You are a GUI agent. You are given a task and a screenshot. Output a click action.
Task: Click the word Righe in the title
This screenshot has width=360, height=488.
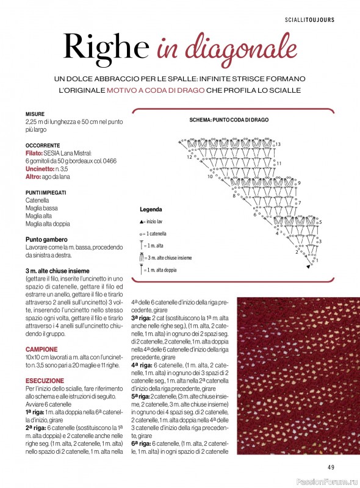(106, 47)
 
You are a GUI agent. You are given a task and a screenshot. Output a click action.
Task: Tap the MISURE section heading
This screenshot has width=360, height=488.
(35, 114)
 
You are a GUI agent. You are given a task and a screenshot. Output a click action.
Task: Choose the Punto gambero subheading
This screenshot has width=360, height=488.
(46, 240)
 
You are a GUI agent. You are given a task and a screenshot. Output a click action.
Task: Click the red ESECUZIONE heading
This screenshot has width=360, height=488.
(44, 380)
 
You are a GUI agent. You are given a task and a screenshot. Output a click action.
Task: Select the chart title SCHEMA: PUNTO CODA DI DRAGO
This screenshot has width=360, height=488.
(229, 120)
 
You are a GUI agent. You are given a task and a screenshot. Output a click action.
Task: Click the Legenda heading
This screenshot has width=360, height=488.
(151, 208)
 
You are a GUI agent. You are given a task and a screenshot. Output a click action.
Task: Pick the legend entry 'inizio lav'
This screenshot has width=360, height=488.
(157, 221)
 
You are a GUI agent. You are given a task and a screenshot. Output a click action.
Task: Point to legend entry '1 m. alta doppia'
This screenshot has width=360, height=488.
(162, 270)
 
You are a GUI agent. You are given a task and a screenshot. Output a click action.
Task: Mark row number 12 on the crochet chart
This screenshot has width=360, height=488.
(189, 157)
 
